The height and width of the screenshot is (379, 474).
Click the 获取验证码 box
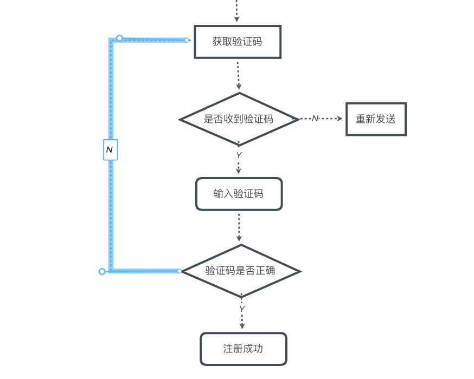[238, 42]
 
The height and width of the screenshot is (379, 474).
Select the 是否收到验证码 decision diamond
[239, 119]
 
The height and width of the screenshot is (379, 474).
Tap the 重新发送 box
[376, 119]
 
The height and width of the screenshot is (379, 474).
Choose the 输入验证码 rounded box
[239, 194]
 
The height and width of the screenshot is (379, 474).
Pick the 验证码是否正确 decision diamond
[240, 271]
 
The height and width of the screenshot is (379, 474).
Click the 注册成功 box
[243, 349]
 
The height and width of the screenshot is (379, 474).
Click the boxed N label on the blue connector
[110, 149]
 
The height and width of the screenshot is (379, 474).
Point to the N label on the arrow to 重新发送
[315, 119]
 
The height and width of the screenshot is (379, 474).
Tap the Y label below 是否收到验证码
[239, 155]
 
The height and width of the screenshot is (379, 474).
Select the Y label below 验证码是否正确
[242, 309]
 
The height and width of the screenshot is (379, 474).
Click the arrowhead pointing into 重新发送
[340, 119]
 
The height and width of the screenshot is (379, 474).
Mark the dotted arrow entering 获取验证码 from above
[236, 11]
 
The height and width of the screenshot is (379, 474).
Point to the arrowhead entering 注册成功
[242, 326]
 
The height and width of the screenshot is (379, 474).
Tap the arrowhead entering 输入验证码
[239, 171]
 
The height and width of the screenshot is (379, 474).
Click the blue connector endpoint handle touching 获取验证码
[187, 40]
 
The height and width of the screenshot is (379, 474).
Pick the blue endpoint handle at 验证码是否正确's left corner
[180, 271]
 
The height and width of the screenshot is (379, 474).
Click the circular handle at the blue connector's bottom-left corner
[102, 271]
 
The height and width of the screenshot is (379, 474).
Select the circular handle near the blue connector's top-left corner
[119, 38]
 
